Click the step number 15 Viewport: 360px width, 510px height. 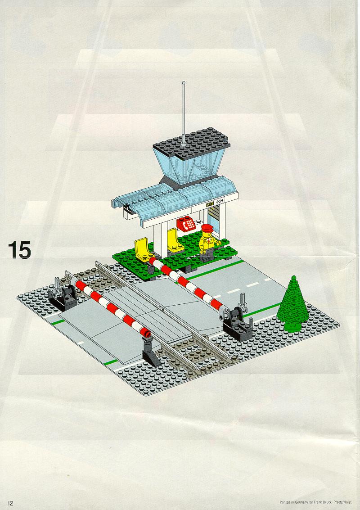[x=19, y=250]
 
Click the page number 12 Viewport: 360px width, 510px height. [x=10, y=503]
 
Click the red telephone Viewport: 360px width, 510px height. [x=186, y=223]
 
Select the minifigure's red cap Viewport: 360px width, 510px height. [x=207, y=228]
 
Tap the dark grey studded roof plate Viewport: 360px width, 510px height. [x=192, y=143]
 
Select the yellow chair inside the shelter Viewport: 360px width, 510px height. [x=174, y=241]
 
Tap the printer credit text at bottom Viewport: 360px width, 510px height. [x=316, y=502]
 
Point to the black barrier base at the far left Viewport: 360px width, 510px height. [x=63, y=297]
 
